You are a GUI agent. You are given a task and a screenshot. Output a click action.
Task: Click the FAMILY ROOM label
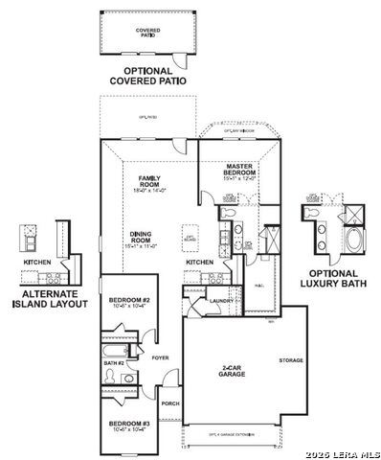149,183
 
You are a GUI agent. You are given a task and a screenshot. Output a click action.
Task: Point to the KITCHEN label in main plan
199,262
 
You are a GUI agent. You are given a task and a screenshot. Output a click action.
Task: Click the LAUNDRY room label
223,301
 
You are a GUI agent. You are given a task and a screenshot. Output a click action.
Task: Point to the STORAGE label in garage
291,360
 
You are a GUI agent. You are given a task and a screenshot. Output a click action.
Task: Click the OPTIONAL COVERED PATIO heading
146,76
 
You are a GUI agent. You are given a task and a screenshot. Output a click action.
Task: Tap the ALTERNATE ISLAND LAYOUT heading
50,298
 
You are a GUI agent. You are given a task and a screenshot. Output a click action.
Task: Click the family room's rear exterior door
178,147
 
